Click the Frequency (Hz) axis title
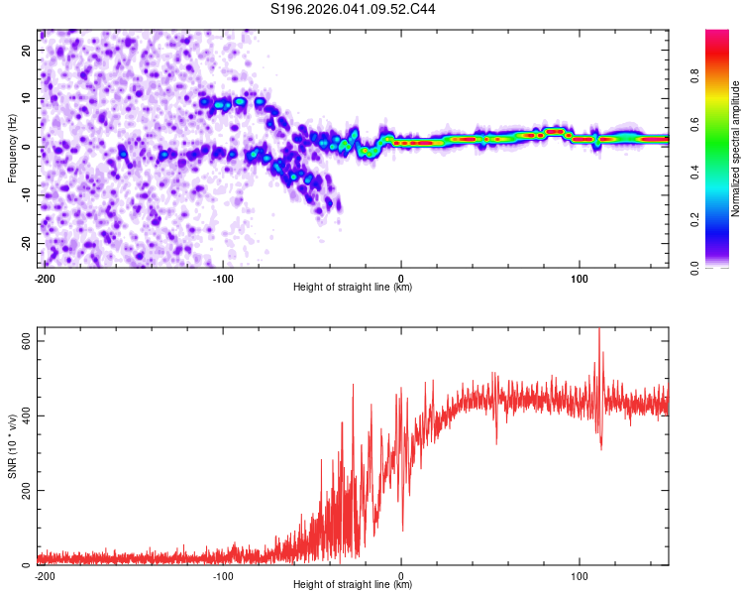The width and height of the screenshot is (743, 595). (x=12, y=148)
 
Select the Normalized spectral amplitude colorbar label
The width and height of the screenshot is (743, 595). (x=736, y=149)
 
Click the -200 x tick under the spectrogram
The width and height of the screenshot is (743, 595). (x=45, y=279)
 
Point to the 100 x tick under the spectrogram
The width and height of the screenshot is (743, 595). (x=580, y=279)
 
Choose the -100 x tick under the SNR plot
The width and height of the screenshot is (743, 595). (x=223, y=576)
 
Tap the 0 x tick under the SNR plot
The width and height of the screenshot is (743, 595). (x=401, y=576)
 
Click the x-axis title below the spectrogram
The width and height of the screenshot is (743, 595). (x=353, y=288)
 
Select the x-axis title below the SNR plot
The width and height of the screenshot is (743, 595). (x=353, y=585)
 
